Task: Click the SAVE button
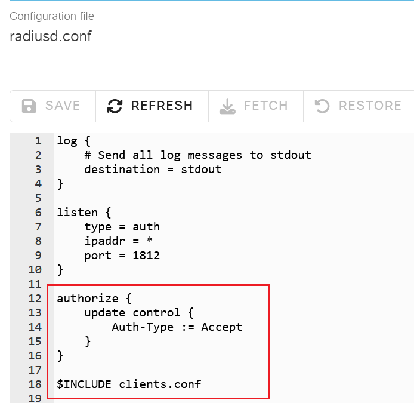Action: (x=53, y=106)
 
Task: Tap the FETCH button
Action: (x=256, y=106)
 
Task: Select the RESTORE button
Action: (x=359, y=106)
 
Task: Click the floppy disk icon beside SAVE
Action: (x=29, y=106)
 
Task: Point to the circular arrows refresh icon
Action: (x=115, y=106)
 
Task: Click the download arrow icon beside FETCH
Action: (x=227, y=106)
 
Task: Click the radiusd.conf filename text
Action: (x=51, y=36)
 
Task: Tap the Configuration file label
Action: (x=52, y=16)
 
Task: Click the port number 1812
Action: (x=146, y=256)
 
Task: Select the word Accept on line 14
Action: (x=222, y=327)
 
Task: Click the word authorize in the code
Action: (x=88, y=299)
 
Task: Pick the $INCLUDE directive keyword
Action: (x=84, y=384)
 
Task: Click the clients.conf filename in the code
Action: (x=160, y=384)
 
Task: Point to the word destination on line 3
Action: (x=122, y=170)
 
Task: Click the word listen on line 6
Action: (x=77, y=213)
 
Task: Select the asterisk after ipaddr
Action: (x=150, y=239)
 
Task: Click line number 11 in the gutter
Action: (x=35, y=284)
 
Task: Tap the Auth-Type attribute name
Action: (x=143, y=327)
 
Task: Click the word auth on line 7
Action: (x=146, y=227)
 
